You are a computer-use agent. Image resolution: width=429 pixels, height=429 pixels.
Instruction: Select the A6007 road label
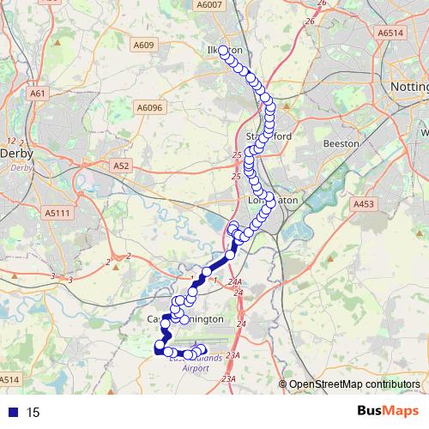208,6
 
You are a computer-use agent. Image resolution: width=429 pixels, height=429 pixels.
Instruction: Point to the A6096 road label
148,107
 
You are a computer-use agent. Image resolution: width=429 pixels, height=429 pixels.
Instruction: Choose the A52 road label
121,163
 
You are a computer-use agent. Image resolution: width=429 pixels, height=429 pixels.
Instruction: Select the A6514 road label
390,33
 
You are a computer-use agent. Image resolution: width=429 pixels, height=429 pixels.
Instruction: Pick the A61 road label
37,94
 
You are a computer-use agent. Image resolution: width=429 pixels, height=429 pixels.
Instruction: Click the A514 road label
9,378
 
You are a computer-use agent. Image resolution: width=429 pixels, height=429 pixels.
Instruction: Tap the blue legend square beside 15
10,413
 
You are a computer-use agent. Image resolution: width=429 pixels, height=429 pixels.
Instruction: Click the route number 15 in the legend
33,413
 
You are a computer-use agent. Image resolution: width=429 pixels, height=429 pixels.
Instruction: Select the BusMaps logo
387,412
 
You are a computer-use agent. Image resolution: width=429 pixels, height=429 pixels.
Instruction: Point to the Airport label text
196,368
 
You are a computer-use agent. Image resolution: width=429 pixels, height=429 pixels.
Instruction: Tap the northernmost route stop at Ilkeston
224,51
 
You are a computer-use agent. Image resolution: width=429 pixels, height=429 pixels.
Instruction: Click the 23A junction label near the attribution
227,378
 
